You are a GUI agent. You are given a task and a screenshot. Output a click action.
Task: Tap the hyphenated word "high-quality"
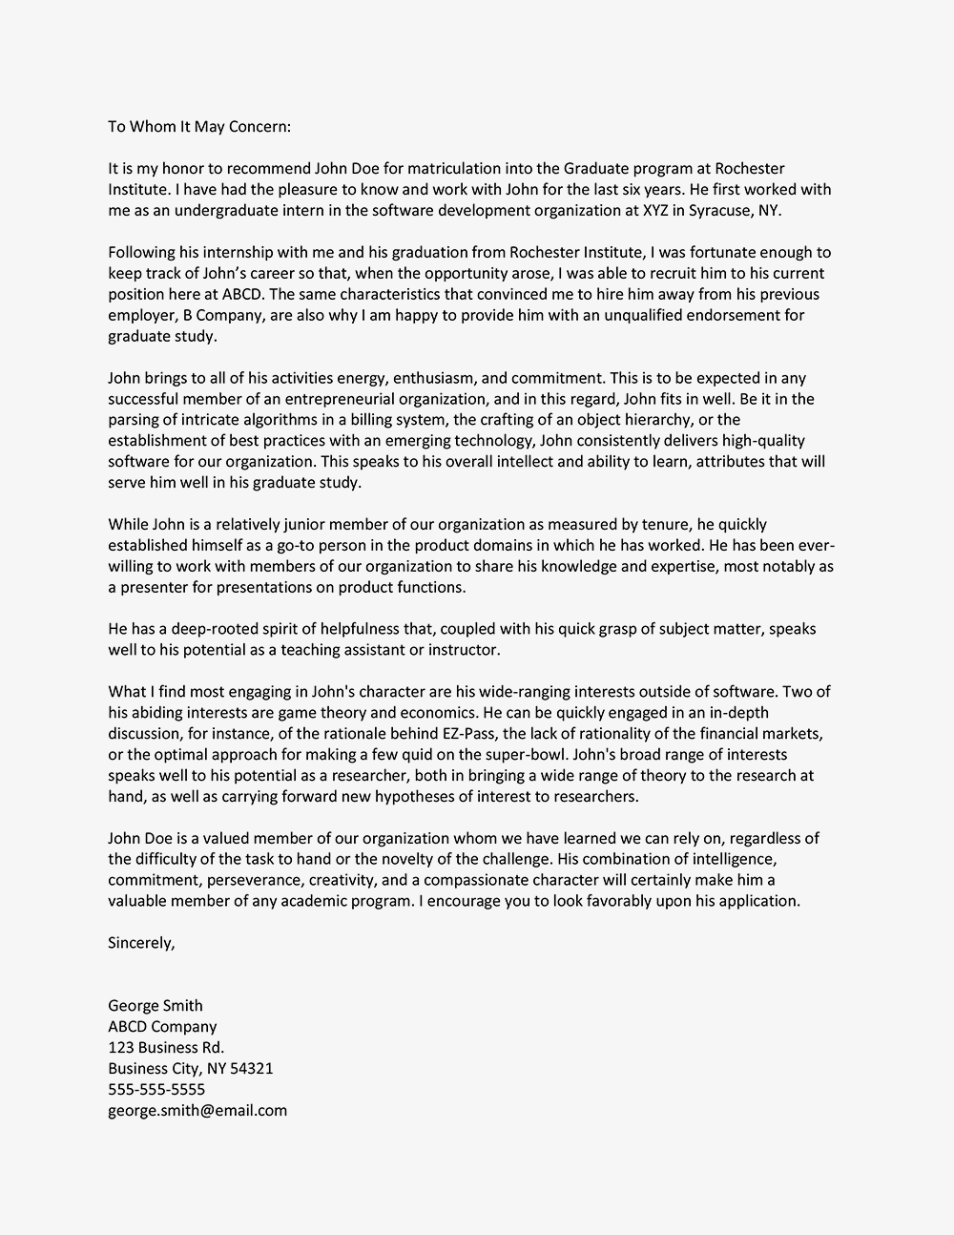[761, 441]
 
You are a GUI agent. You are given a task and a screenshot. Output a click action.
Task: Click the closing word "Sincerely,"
[141, 943]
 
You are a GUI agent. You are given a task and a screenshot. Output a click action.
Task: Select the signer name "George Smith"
[155, 1006]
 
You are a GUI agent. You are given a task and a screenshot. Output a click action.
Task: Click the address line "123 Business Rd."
[166, 1048]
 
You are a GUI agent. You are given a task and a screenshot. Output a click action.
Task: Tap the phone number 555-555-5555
[156, 1090]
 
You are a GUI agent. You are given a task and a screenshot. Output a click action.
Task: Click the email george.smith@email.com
[197, 1111]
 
